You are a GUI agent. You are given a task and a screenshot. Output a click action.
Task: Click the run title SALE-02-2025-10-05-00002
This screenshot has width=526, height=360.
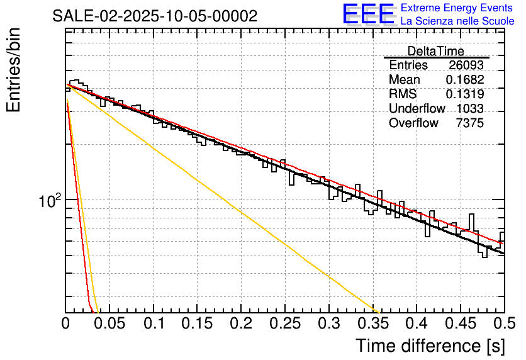pyautogui.click(x=155, y=16)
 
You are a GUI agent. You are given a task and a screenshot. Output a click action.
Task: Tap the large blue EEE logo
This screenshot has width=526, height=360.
pyautogui.click(x=368, y=14)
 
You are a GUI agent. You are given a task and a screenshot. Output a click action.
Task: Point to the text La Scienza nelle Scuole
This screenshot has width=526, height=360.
pyautogui.click(x=457, y=21)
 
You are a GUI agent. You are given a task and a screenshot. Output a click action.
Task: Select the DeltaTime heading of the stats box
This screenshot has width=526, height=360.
pyautogui.click(x=436, y=51)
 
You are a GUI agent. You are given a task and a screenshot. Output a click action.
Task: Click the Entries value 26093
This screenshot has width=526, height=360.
pyautogui.click(x=466, y=65)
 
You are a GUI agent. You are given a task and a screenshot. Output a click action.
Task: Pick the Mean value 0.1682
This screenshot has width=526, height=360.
pyautogui.click(x=465, y=80)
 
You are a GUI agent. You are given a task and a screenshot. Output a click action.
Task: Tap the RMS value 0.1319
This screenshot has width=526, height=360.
pyautogui.click(x=465, y=94)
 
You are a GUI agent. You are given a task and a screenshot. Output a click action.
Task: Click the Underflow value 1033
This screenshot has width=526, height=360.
pyautogui.click(x=469, y=109)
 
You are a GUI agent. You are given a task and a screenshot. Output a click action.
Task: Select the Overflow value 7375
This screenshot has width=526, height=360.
pyautogui.click(x=469, y=123)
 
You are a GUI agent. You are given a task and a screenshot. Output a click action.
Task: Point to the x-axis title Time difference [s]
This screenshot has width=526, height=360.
pyautogui.click(x=429, y=346)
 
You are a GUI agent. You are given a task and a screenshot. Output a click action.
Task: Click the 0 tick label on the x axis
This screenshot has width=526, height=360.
pyautogui.click(x=66, y=323)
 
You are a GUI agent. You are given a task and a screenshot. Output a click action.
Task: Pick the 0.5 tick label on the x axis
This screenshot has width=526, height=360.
pyautogui.click(x=504, y=323)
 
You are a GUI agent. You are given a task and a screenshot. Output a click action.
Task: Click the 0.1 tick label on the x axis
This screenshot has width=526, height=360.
pyautogui.click(x=154, y=323)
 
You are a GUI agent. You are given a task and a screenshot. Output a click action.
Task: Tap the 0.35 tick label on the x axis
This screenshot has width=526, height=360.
pyautogui.click(x=372, y=323)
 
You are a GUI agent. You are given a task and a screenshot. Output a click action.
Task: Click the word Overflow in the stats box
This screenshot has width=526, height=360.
pyautogui.click(x=413, y=123)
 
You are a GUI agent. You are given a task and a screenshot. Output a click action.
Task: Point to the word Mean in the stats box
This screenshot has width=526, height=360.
pyautogui.click(x=405, y=80)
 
